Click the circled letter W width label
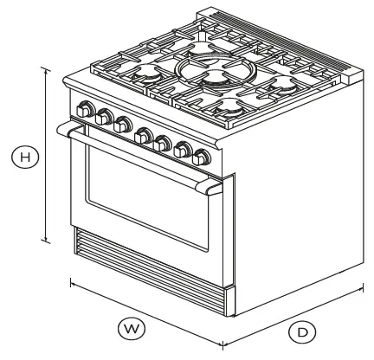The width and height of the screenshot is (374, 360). point(131,328)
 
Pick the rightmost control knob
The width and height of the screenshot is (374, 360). point(202,158)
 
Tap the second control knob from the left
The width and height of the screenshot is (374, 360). point(105,118)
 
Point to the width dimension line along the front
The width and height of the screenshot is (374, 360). point(147,312)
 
